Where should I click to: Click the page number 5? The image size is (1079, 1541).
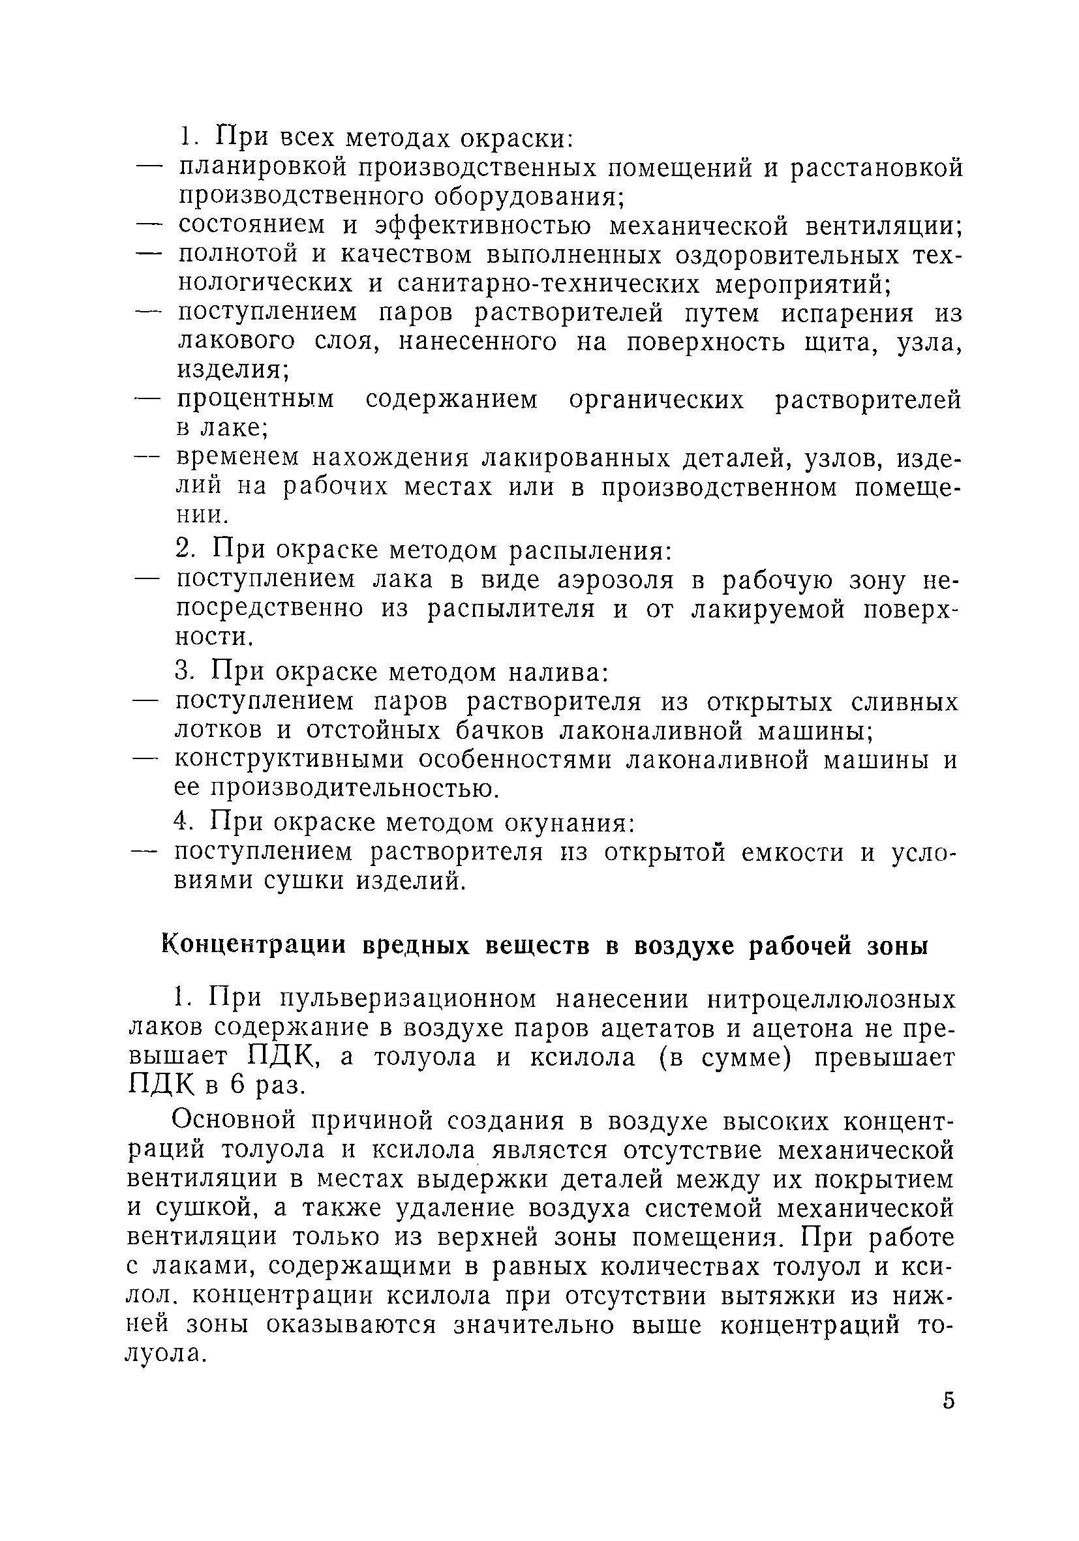pyautogui.click(x=948, y=1400)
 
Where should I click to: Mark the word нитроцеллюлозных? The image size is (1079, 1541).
pyautogui.click(x=830, y=1000)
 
